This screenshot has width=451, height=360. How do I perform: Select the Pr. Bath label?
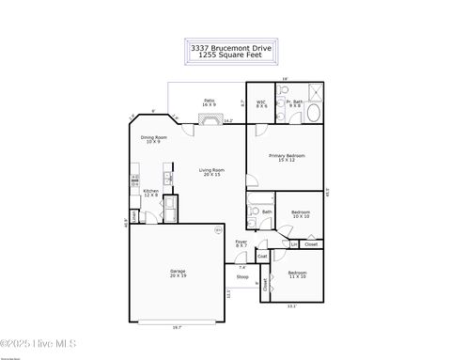click(x=295, y=103)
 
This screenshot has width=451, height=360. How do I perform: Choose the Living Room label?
click(x=211, y=172)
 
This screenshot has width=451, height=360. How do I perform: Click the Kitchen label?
click(x=151, y=193)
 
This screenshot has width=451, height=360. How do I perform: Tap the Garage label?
click(x=178, y=274)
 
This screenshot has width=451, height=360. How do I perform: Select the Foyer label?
click(x=241, y=243)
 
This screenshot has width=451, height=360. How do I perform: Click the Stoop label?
click(x=241, y=278)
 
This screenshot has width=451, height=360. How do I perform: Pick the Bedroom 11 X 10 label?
click(x=298, y=274)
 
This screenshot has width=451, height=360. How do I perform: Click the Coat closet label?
click(x=262, y=256)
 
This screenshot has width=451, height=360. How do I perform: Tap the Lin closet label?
click(x=293, y=244)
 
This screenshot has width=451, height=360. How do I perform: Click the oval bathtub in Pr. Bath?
click(x=313, y=114)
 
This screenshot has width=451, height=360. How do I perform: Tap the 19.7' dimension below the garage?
click(x=178, y=327)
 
